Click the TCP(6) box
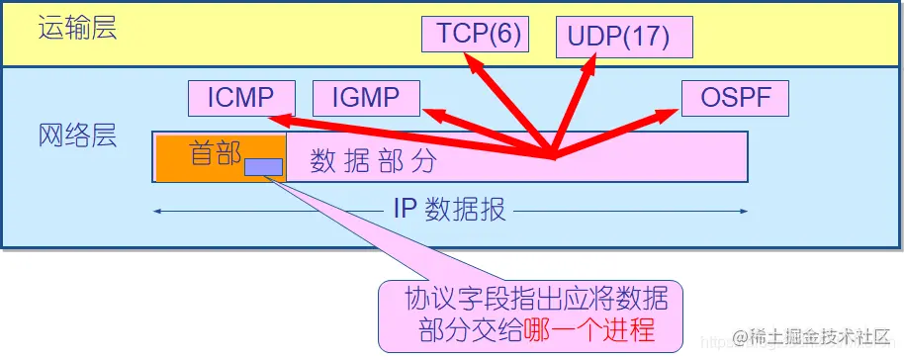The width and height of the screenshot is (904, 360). point(475,33)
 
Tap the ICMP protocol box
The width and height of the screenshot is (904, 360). point(242,98)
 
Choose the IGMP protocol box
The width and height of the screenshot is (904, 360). point(366,98)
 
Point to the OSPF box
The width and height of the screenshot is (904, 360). point(734,98)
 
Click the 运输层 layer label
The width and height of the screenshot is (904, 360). point(77,28)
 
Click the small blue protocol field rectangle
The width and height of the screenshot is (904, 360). point(263,167)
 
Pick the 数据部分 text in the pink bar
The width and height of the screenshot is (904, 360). point(373,161)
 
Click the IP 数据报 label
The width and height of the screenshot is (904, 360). point(450,210)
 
